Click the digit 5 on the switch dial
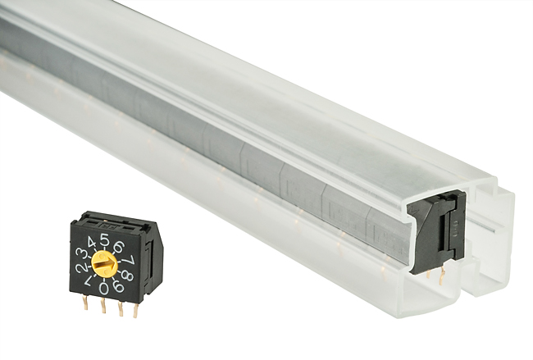tap(106, 240)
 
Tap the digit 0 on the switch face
tap(104, 289)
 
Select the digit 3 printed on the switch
tap(80, 254)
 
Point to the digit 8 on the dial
tap(127, 275)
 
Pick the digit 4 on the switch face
tap(91, 243)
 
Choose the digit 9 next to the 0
tap(118, 286)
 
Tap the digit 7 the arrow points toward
tap(130, 261)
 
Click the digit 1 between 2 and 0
tap(88, 281)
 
